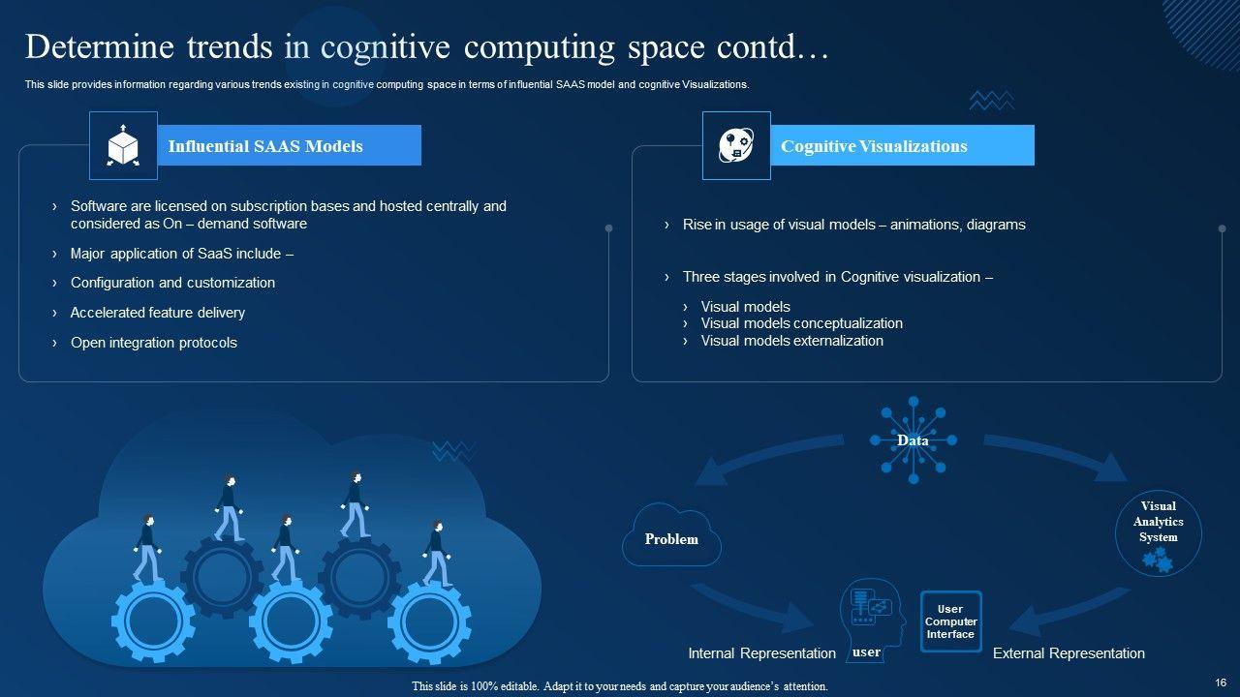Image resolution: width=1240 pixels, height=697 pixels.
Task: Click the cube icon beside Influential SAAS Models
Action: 122,146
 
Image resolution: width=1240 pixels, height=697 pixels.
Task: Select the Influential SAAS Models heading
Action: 265,146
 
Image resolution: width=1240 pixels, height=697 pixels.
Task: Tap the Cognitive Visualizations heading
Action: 874,146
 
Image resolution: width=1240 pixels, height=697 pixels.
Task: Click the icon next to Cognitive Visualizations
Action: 736,146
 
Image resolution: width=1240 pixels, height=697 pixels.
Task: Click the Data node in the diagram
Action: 913,440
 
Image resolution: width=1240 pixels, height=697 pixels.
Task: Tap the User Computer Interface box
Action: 950,621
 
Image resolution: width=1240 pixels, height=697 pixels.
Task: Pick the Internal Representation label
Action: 761,653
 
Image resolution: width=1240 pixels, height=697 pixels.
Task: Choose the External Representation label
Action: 1069,653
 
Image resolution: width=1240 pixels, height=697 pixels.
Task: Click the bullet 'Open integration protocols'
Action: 154,343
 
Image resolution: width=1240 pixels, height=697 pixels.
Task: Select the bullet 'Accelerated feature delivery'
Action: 158,313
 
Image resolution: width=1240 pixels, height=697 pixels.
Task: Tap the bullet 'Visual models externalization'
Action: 791,341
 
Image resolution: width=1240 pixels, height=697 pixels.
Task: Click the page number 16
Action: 1220,682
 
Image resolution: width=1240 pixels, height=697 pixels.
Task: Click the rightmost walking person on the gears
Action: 437,554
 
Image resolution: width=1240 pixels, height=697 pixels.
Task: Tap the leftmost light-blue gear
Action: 154,620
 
